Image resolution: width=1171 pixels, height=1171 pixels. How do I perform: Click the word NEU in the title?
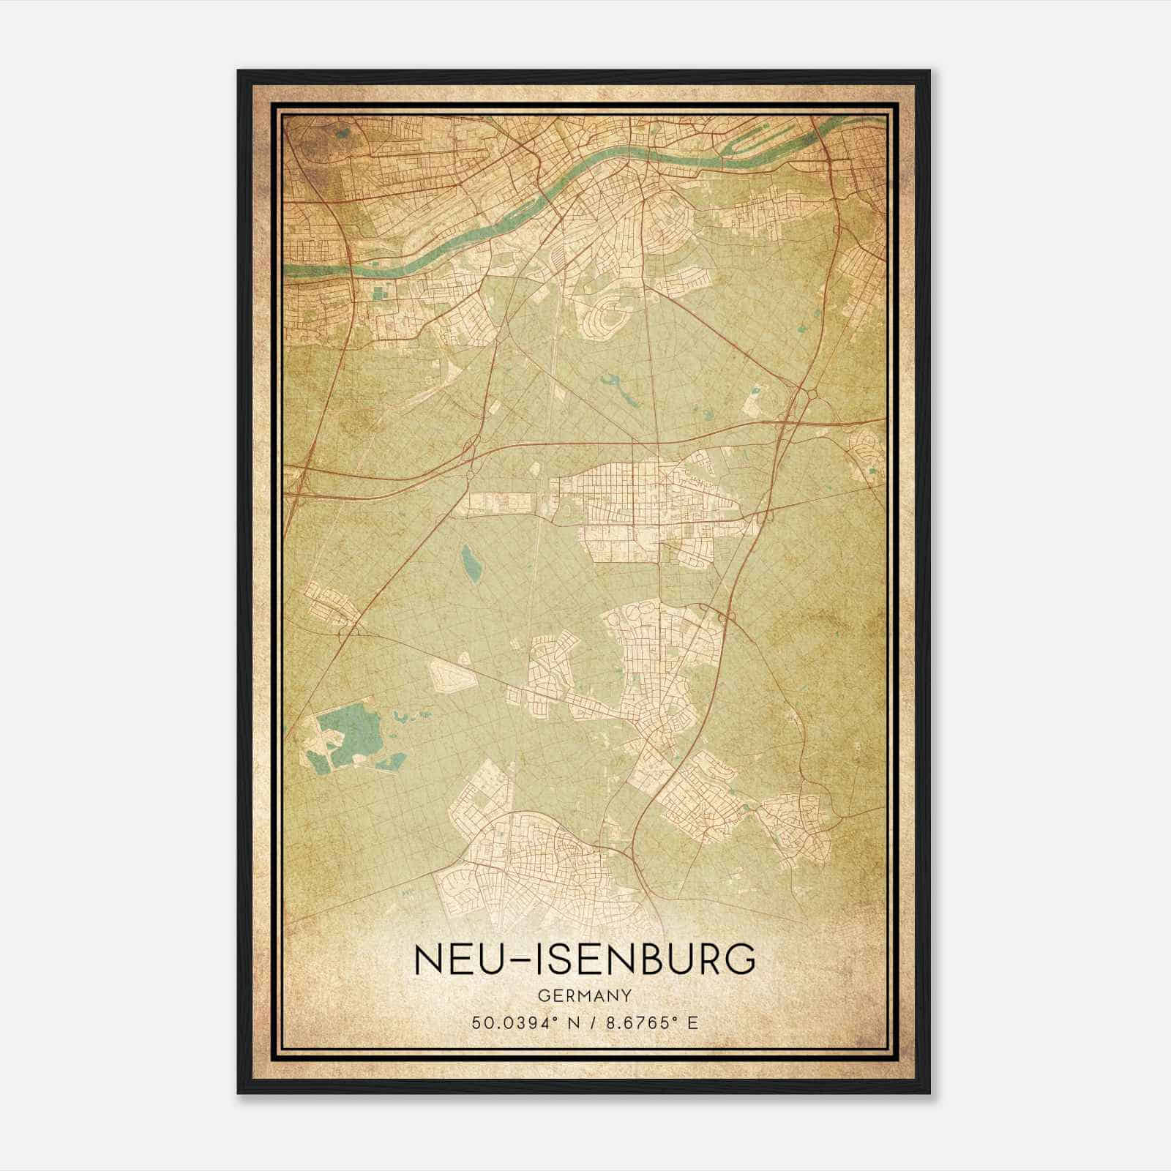pos(451,959)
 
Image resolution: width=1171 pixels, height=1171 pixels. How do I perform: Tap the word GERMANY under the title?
pos(584,996)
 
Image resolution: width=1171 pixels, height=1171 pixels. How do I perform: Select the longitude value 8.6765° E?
pos(647,1022)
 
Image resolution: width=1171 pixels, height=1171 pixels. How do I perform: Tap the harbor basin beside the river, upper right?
pos(761,135)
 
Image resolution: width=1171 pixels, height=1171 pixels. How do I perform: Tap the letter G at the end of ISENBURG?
pos(741,959)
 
